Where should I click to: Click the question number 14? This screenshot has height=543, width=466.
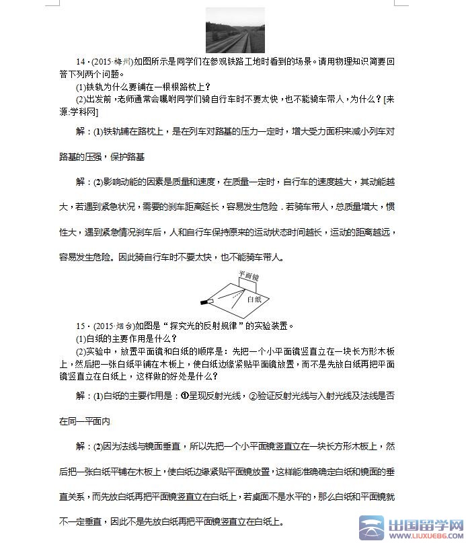(81, 61)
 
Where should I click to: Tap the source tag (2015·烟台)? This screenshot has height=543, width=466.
(109, 326)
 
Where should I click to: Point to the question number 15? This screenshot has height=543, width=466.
(81, 326)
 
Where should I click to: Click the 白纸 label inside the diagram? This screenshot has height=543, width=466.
(254, 299)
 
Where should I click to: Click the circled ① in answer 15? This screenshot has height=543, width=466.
(186, 396)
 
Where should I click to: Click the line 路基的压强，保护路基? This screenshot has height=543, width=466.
(102, 157)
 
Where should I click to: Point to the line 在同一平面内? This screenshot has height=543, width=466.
(84, 422)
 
